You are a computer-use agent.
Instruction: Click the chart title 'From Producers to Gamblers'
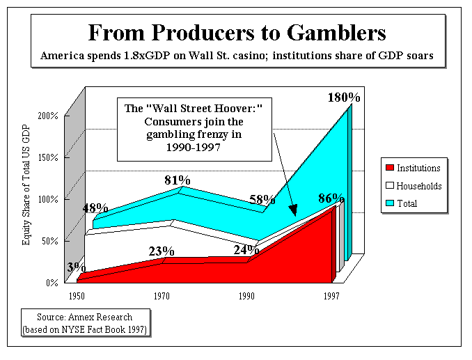click(x=237, y=32)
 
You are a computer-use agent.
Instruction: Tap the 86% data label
click(x=331, y=198)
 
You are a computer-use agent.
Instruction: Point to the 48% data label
click(x=95, y=208)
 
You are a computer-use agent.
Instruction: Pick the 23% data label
click(x=161, y=251)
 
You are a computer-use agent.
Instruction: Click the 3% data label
click(x=76, y=267)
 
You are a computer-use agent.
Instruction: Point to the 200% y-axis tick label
click(x=48, y=115)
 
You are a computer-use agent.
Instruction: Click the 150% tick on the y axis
click(x=48, y=157)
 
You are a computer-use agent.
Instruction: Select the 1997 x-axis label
click(x=331, y=297)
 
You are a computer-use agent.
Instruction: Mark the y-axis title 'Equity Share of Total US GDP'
click(x=27, y=198)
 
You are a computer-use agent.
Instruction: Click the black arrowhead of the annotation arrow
click(x=292, y=210)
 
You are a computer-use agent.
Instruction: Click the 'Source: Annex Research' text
click(x=84, y=317)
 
